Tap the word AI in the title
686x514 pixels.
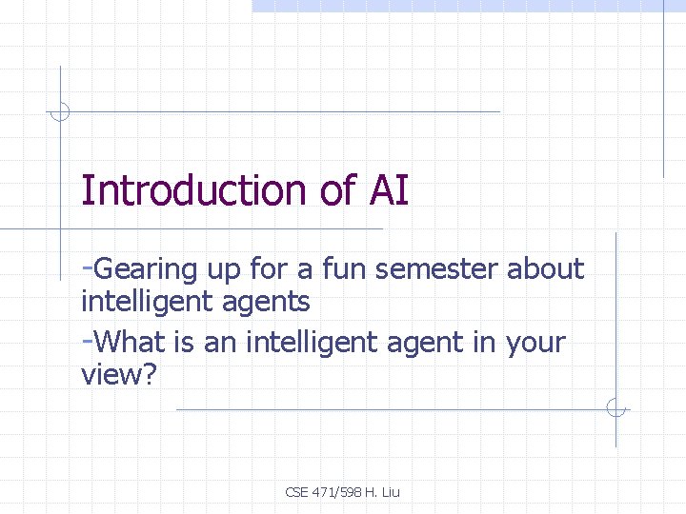point(387,190)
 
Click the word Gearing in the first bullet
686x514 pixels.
point(144,270)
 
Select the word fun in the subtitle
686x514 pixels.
point(344,270)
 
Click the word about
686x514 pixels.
point(545,270)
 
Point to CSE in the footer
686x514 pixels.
point(297,492)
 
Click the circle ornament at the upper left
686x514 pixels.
point(60,111)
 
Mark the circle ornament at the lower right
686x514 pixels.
point(616,409)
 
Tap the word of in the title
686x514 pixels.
point(336,190)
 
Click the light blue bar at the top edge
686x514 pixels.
point(467,6)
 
